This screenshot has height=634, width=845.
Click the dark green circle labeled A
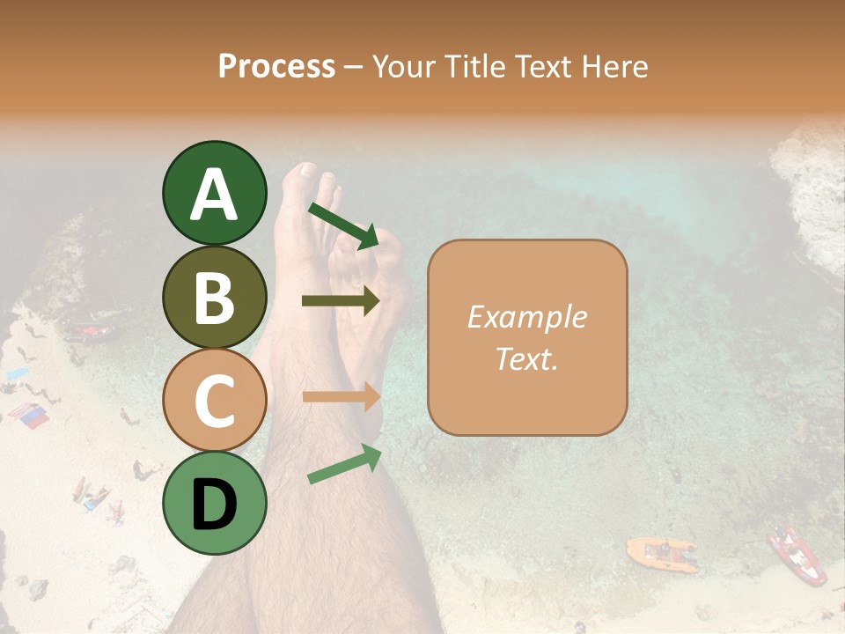(x=214, y=194)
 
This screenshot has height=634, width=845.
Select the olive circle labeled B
(x=214, y=298)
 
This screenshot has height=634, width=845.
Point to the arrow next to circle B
(x=341, y=301)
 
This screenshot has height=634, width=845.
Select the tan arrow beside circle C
(x=341, y=397)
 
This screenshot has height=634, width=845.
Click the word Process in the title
(x=276, y=67)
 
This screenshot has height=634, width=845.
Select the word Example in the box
(x=526, y=317)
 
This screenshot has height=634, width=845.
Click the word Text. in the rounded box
(x=526, y=358)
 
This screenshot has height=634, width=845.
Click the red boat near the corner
(x=797, y=556)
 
